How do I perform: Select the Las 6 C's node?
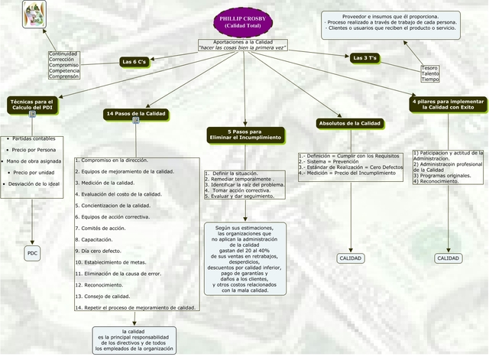[x=134, y=61]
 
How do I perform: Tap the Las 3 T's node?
[x=365, y=58]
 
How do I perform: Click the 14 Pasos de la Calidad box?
[x=136, y=114]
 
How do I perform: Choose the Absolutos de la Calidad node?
[x=349, y=123]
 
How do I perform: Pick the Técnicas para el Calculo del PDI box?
[x=32, y=104]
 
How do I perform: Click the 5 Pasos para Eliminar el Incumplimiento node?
[x=245, y=134]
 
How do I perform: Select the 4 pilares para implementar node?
[x=448, y=104]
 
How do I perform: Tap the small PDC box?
[x=32, y=253]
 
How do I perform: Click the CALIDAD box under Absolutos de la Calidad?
[x=350, y=259]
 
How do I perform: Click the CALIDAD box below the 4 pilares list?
[x=449, y=259]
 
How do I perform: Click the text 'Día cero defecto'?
[x=101, y=251]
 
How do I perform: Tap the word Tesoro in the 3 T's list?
[x=430, y=67]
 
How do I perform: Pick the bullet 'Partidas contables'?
[x=34, y=139]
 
